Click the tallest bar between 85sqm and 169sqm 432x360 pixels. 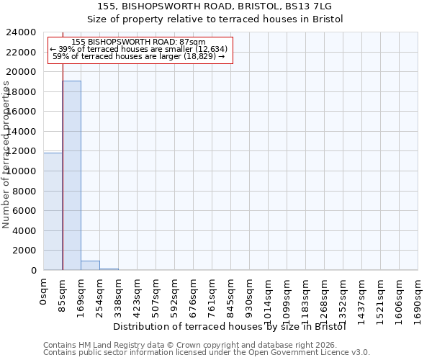tap(71, 175)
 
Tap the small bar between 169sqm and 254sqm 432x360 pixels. tap(90, 265)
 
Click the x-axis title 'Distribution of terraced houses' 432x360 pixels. tap(230, 326)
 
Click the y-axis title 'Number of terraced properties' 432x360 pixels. tap(6, 155)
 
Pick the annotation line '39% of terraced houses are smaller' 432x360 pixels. tap(139, 49)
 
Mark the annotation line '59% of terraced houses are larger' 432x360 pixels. tap(139, 56)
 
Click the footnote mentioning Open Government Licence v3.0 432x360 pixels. tap(207, 352)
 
